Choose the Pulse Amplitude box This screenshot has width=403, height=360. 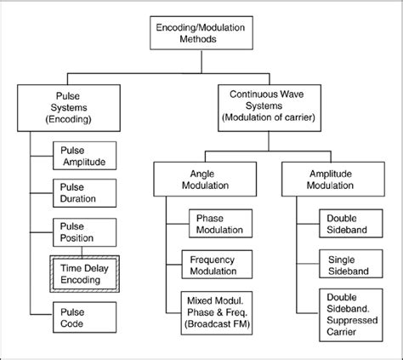pyautogui.click(x=85, y=156)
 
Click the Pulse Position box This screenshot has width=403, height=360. pyautogui.click(x=85, y=231)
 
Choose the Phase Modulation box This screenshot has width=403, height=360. pyautogui.click(x=219, y=225)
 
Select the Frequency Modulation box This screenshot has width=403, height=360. pyautogui.click(x=219, y=266)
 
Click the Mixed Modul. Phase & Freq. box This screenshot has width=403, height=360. pyautogui.click(x=219, y=312)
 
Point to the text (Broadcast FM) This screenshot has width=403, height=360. pyautogui.click(x=219, y=325)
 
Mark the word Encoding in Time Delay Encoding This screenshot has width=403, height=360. pyautogui.click(x=84, y=280)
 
